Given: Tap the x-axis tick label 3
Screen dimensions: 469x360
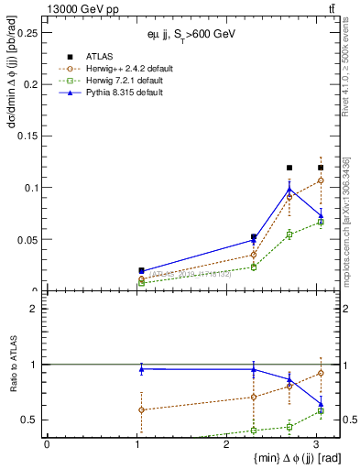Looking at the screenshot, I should (x=315, y=444).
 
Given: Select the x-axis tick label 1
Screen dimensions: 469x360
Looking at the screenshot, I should (x=136, y=444).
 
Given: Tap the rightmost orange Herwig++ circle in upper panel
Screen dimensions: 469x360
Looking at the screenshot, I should (x=321, y=180).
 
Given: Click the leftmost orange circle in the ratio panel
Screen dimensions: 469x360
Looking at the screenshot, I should (x=141, y=409).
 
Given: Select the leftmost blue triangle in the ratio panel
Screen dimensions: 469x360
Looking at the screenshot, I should (x=141, y=368).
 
